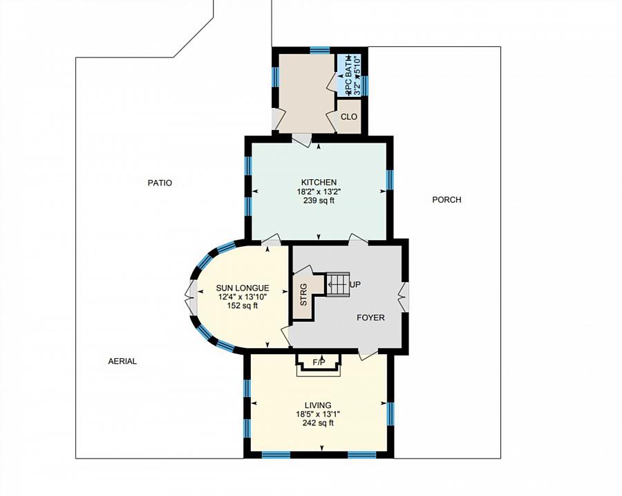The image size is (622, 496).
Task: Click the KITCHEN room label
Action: coord(318,182)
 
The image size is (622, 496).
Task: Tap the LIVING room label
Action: coord(318,405)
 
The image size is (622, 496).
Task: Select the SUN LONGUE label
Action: coord(242,288)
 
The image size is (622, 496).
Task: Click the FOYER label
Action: coord(370,318)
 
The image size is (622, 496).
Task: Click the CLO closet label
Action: coord(349,117)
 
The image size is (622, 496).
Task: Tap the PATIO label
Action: coord(160,183)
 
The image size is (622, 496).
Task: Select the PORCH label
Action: coord(446,200)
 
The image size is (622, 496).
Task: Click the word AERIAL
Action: coord(122,361)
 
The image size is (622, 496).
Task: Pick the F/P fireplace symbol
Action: coord(319,362)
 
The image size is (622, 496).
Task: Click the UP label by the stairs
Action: coord(356,284)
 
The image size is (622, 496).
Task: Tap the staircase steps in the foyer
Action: coord(339,284)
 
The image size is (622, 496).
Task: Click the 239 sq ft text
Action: coord(318,201)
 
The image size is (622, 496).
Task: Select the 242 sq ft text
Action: coord(318,423)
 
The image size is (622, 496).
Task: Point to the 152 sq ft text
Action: coord(242,306)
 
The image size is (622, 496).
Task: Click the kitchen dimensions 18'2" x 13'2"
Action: coord(318,192)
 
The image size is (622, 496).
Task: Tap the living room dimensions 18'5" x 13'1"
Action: coord(318,414)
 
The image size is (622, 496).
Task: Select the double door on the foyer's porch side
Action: coord(404,297)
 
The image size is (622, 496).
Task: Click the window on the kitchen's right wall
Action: coord(390,179)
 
